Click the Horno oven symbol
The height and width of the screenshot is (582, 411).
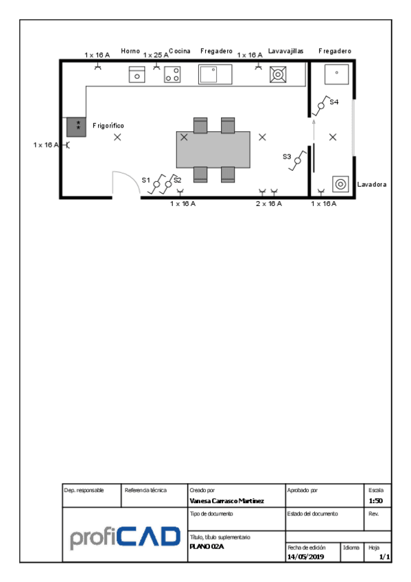[137, 74]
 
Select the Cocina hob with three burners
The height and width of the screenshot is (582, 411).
[172, 74]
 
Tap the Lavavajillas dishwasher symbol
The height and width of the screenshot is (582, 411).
[278, 74]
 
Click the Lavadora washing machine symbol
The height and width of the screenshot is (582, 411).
[340, 184]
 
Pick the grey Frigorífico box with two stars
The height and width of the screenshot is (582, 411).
[76, 127]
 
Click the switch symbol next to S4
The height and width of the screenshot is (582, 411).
[321, 106]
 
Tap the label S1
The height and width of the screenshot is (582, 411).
[145, 180]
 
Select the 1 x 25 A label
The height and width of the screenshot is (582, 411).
[156, 55]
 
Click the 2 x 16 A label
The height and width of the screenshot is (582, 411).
[269, 203]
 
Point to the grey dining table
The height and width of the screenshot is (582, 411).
[213, 149]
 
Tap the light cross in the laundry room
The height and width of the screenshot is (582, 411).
[333, 137]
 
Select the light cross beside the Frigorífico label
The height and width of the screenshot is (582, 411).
[117, 137]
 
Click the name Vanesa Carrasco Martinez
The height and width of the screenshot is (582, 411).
[226, 501]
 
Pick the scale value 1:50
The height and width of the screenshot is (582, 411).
[375, 501]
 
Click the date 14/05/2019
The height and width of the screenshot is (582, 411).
[305, 557]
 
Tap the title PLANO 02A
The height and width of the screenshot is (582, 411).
[207, 546]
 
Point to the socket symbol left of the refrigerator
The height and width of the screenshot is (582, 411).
[67, 145]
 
